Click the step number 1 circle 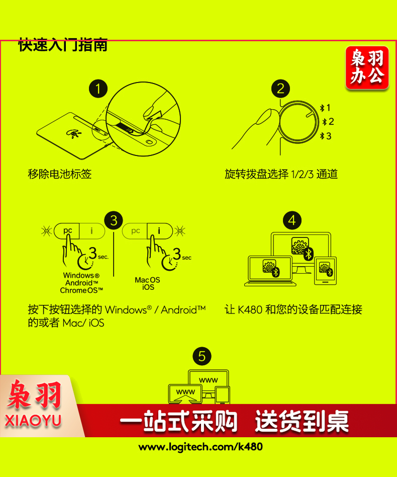(98, 89)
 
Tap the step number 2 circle (280, 89)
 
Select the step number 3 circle (114, 220)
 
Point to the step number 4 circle (292, 220)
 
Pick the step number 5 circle (202, 356)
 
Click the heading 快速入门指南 (63, 45)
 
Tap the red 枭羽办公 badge (367, 67)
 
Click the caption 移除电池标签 (59, 174)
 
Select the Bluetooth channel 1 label (325, 108)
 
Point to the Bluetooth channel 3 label (326, 136)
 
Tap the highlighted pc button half (67, 231)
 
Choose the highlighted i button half (160, 231)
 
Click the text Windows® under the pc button (81, 275)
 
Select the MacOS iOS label (148, 283)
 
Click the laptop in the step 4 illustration (270, 271)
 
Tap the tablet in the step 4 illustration (325, 271)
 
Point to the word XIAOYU (33, 421)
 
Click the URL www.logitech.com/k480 (201, 447)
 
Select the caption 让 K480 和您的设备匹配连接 (293, 309)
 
